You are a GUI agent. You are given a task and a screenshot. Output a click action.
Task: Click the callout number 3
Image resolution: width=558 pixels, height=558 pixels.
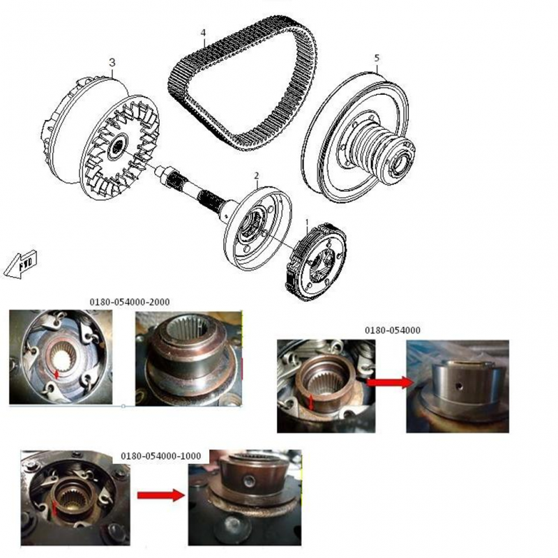tap(112, 63)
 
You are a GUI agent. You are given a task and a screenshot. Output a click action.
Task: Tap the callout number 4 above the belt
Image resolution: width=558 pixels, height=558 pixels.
tap(203, 33)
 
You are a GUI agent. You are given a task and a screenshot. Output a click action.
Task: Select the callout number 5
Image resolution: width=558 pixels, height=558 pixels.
tap(377, 58)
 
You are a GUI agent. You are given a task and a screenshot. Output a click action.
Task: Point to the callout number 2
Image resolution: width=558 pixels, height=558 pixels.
tap(257, 176)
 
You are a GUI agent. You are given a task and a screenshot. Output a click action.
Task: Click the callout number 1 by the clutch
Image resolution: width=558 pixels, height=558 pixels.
tap(307, 223)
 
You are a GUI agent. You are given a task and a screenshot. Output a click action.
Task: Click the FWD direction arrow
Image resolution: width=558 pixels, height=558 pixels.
tap(20, 264)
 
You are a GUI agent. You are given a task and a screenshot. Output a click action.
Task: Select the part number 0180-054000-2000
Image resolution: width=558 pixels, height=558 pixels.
tap(130, 302)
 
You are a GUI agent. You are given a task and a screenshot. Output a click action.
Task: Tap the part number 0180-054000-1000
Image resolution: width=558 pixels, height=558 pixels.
tap(161, 456)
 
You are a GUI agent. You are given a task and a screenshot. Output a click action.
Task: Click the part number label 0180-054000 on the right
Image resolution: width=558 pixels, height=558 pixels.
tap(393, 330)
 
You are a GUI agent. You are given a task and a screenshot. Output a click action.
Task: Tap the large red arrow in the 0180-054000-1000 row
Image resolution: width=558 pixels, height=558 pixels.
tap(161, 495)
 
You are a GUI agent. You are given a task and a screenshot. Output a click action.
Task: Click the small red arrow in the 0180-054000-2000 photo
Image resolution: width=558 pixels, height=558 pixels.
tap(56, 374)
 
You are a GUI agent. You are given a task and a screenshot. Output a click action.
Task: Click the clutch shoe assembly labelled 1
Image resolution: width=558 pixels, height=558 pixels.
tap(316, 261)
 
